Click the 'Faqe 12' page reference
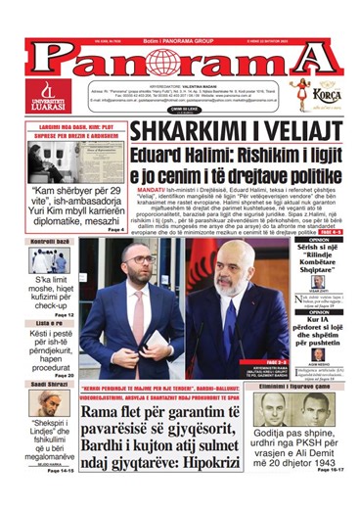64,314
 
